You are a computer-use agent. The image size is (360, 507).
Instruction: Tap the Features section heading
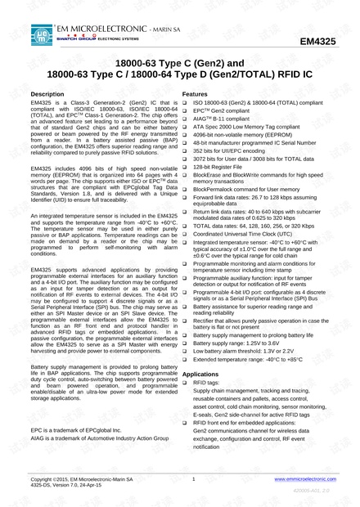[x=198, y=95]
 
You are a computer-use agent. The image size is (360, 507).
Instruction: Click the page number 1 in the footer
[x=193, y=478]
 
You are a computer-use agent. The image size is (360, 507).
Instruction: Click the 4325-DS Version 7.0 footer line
[x=65, y=486]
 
